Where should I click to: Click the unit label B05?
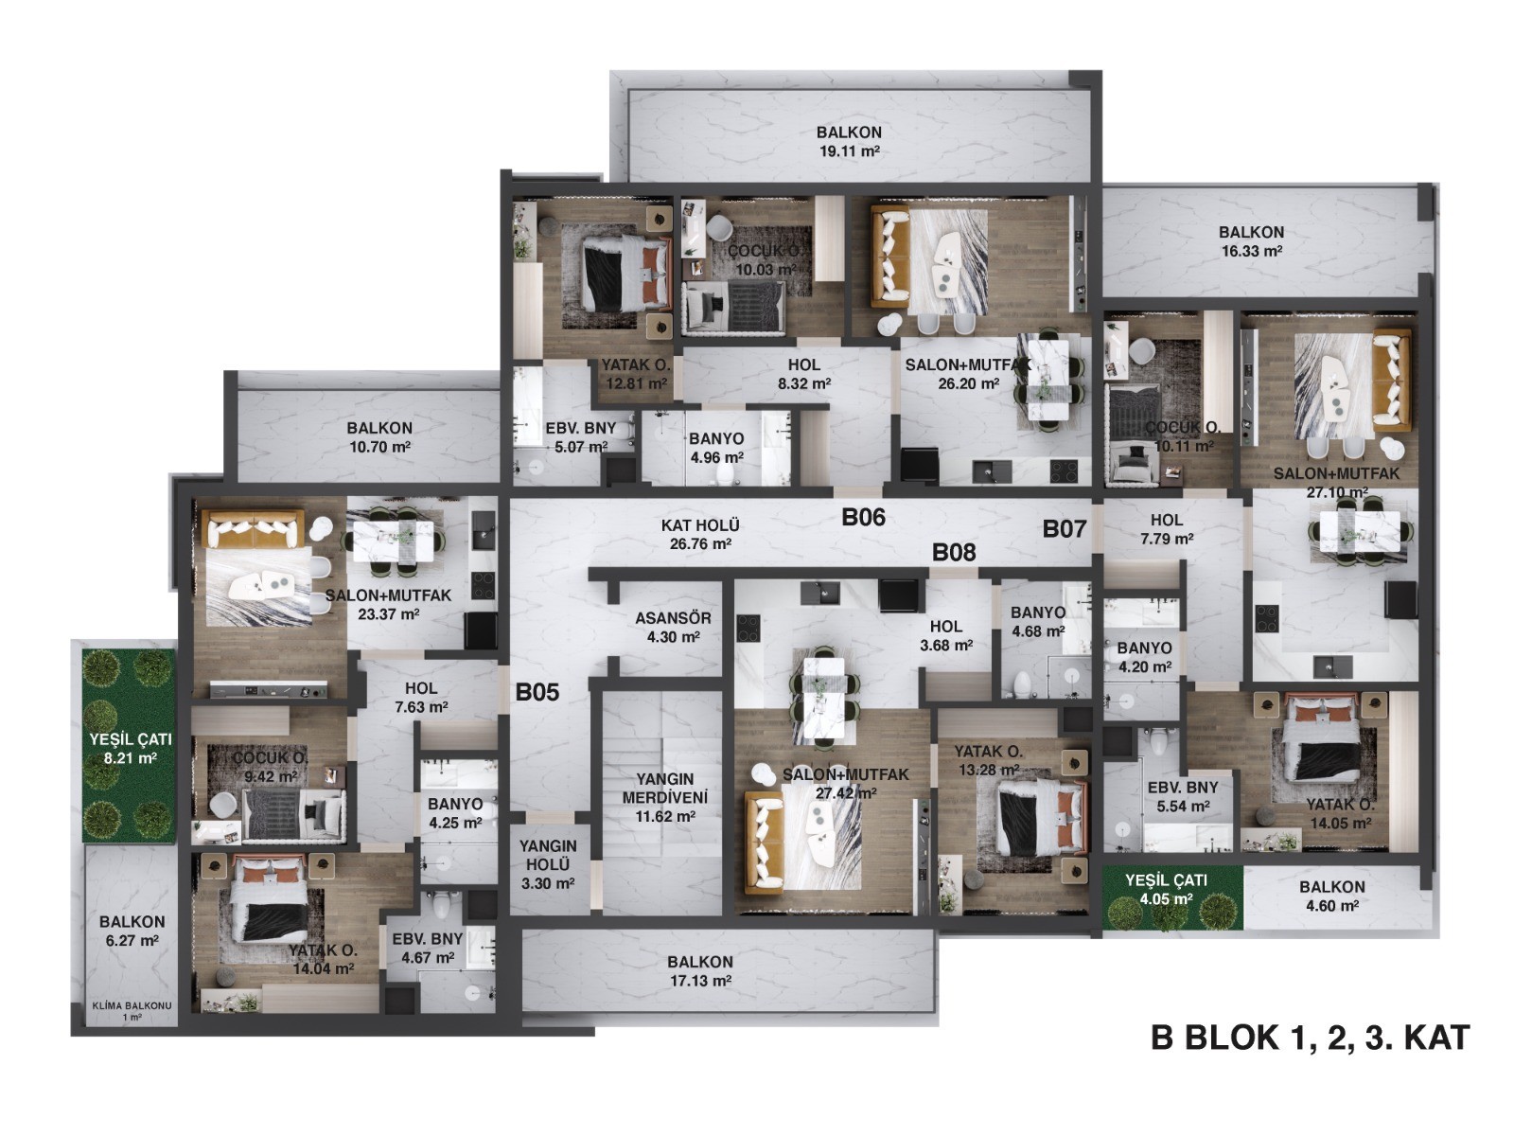537,692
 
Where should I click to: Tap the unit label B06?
863,517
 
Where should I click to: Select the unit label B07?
1065,529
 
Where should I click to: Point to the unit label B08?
954,553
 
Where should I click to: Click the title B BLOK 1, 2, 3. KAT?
1310,1038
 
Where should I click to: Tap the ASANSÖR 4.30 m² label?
673,627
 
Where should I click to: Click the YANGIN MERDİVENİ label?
665,789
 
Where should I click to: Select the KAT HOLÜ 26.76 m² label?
700,535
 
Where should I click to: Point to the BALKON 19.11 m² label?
849,141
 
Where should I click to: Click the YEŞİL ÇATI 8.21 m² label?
130,749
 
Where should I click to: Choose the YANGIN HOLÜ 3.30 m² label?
548,864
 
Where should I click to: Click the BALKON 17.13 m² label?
699,971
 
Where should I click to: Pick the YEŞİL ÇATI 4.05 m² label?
1166,890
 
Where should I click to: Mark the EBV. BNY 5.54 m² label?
1183,797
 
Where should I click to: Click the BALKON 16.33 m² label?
1251,241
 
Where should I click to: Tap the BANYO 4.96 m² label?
716,448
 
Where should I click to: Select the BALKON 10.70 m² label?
379,437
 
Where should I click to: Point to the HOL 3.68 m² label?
945,636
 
